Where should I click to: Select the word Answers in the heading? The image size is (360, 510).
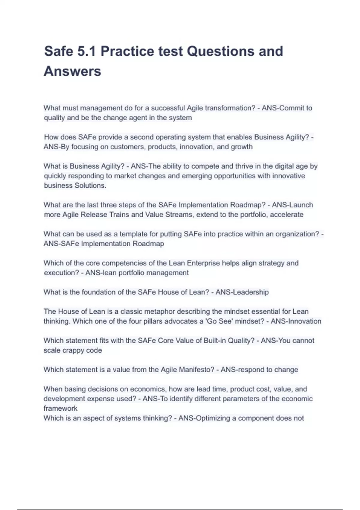click(x=73, y=71)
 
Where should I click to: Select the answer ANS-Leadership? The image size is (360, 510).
click(x=242, y=292)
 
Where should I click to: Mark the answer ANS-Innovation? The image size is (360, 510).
click(x=296, y=321)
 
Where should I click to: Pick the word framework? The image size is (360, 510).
click(x=61, y=408)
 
